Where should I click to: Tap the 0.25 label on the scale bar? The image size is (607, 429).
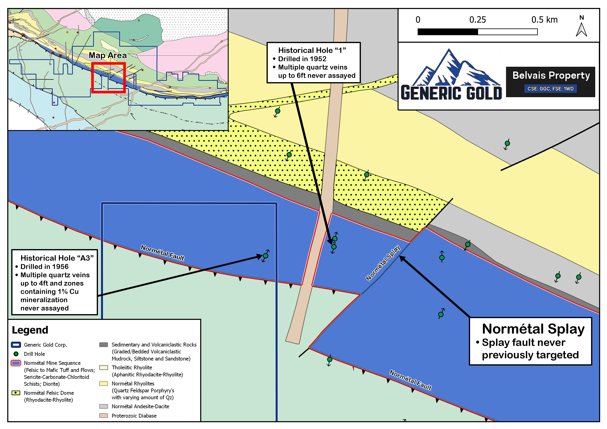(478, 20)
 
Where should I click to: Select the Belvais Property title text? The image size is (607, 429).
(551, 76)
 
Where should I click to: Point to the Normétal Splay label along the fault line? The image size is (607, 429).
(383, 263)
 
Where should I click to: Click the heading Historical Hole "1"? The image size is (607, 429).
(312, 50)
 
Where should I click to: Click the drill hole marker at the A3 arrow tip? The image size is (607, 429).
(266, 256)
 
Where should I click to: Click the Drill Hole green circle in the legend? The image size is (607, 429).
(16, 354)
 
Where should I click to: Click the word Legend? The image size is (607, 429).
(30, 330)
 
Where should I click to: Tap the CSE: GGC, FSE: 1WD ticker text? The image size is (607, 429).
(550, 89)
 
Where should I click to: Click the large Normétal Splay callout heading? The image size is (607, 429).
(533, 329)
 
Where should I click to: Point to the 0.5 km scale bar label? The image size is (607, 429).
(544, 20)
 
